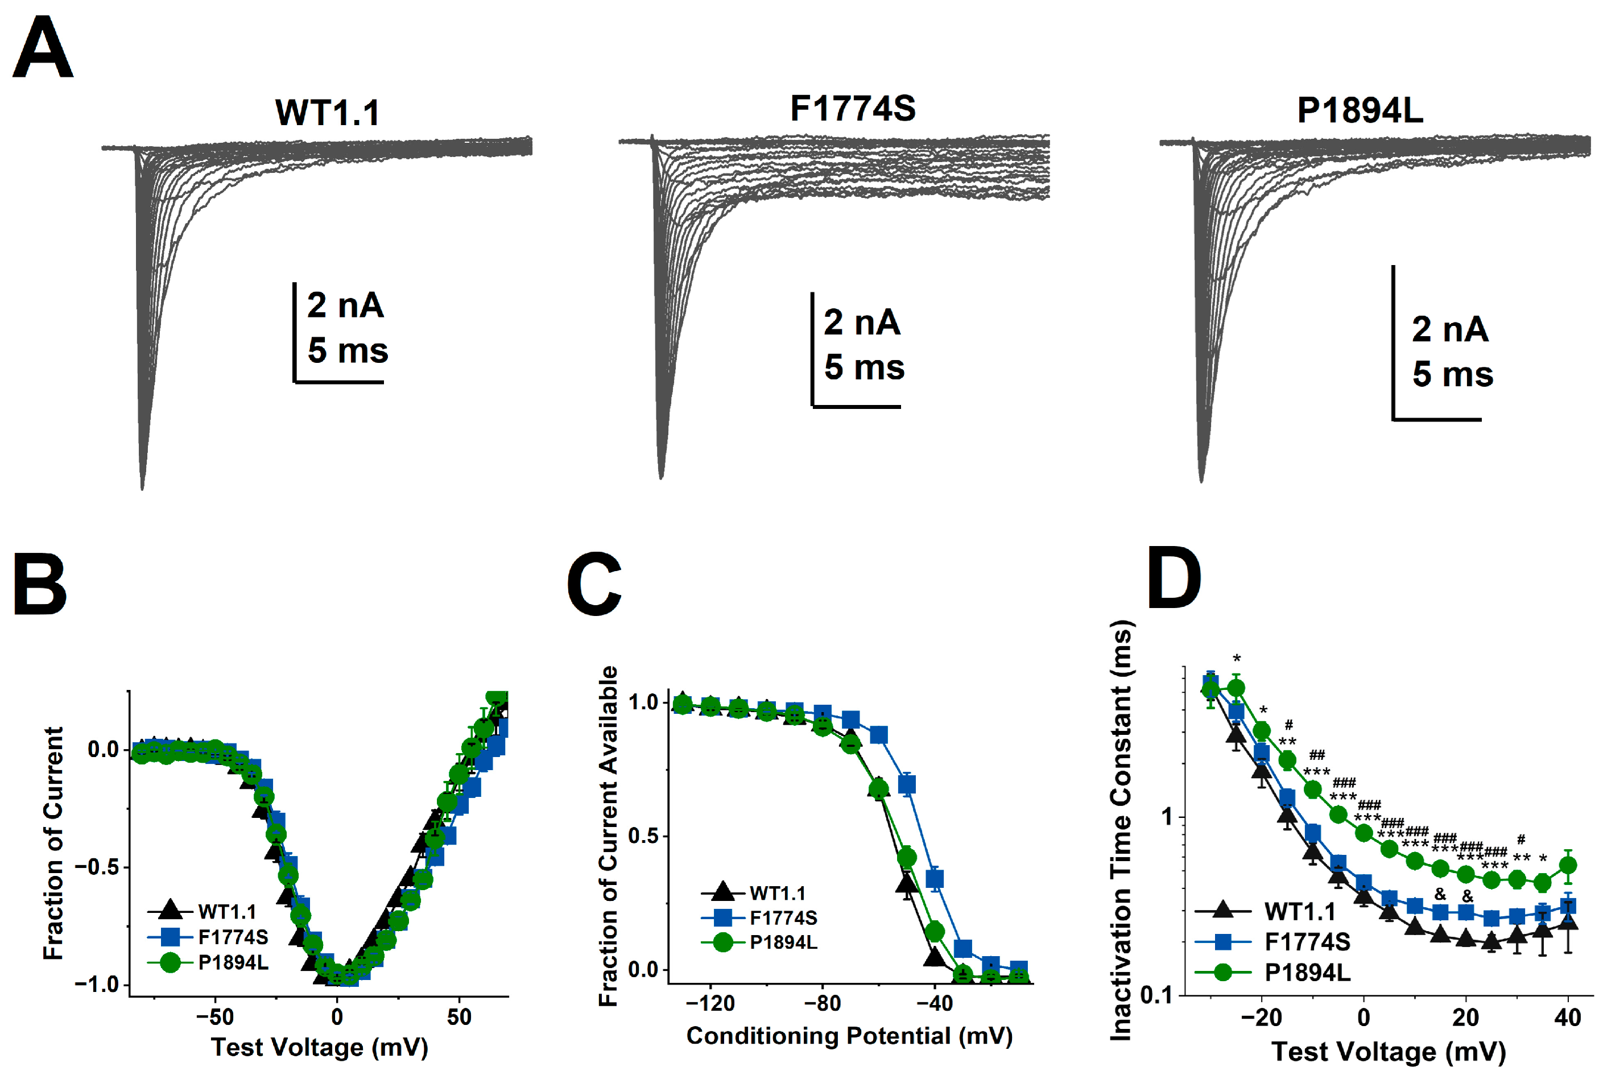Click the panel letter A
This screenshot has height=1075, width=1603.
43,48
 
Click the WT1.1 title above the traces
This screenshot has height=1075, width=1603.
327,113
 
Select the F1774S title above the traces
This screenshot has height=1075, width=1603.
852,108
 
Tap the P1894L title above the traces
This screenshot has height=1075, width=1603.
1360,110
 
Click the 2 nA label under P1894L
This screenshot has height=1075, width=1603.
1449,330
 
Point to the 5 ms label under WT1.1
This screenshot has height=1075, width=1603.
348,350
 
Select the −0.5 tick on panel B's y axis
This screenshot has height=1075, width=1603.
96,867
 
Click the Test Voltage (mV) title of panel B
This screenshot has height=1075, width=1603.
319,1047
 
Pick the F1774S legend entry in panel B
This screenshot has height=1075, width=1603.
233,937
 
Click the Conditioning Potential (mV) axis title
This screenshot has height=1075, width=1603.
849,1035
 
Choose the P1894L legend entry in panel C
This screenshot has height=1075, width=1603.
783,942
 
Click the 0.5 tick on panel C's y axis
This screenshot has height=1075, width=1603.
642,836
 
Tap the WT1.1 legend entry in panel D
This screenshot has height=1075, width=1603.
1300,912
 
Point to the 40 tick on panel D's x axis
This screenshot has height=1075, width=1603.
1567,1018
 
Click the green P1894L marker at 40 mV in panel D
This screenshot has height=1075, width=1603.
1567,866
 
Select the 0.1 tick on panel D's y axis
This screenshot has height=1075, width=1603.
1156,995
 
